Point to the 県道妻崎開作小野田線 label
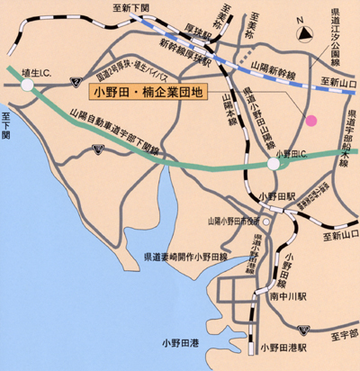coord(190,257)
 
